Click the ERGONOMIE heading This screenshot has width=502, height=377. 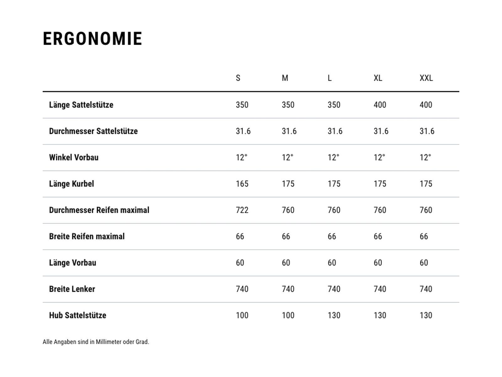93,39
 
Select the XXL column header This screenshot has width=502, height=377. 426,78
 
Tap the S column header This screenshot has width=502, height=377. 238,78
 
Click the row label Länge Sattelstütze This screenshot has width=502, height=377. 81,105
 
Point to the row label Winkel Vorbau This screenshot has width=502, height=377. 74,157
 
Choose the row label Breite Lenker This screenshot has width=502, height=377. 72,289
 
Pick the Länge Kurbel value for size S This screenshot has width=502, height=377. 242,184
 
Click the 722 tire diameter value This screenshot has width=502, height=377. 242,210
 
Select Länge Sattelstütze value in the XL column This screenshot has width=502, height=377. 380,105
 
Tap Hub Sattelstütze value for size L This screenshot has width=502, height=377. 334,315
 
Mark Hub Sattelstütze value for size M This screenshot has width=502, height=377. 288,315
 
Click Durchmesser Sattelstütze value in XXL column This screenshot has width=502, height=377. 427,131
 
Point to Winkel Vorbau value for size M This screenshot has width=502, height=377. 287,157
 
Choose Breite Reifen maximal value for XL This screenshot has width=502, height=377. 378,237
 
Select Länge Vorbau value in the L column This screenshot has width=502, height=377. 332,263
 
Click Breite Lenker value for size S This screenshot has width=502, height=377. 242,289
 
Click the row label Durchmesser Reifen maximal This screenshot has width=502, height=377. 99,210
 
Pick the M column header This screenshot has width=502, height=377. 285,78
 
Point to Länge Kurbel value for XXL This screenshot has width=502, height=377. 426,184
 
